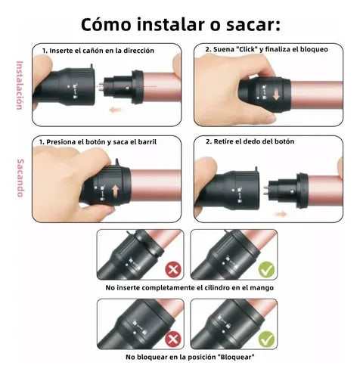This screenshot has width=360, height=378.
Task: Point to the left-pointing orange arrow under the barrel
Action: [116, 110]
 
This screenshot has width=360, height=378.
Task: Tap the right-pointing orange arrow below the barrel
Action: [281, 214]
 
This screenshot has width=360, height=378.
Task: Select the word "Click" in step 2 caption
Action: [239, 50]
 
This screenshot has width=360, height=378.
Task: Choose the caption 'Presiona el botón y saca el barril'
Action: [107, 141]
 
